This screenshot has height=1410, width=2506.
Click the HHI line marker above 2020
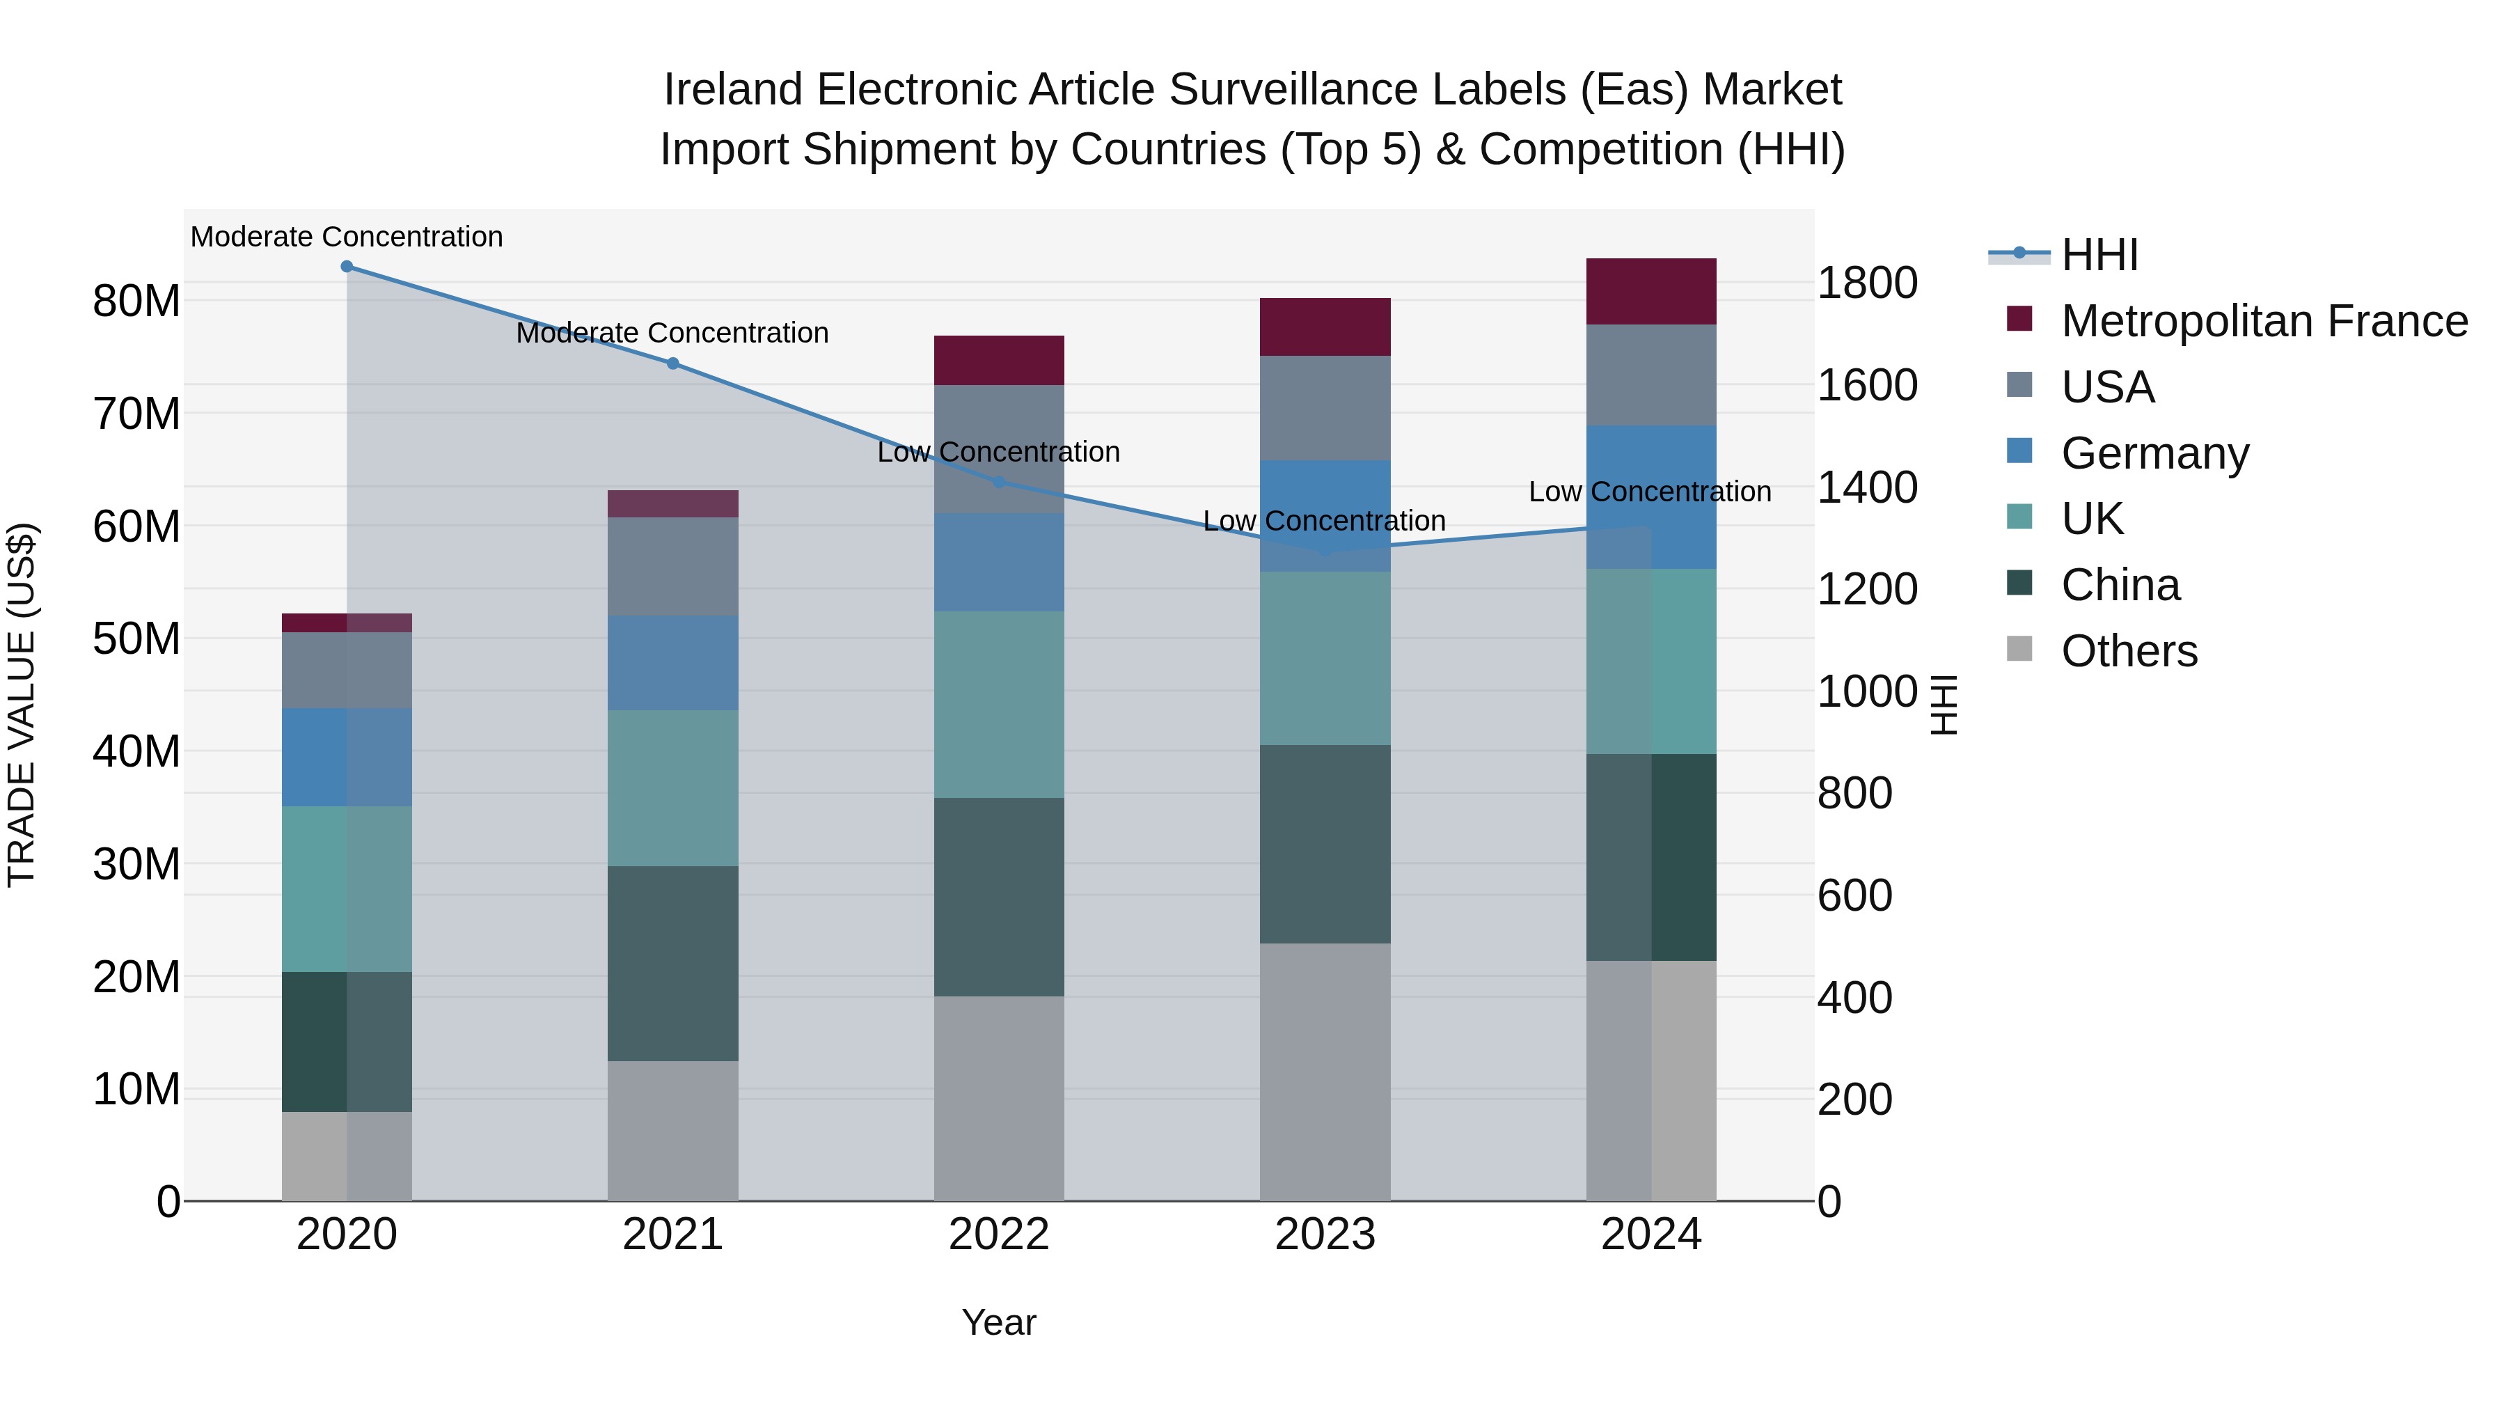347,267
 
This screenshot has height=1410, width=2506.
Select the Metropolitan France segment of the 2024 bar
1651,292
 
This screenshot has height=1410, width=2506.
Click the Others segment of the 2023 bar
1325,1070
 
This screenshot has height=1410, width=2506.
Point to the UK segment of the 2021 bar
672,788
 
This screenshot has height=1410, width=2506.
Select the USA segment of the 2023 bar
1325,408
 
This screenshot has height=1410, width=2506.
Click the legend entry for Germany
2154,453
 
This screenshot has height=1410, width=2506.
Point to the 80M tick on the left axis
136,301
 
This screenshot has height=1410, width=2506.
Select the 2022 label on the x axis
999,1235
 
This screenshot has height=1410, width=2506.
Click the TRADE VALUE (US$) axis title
22,705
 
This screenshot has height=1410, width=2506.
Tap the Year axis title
999,1322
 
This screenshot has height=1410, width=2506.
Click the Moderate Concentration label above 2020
347,237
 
